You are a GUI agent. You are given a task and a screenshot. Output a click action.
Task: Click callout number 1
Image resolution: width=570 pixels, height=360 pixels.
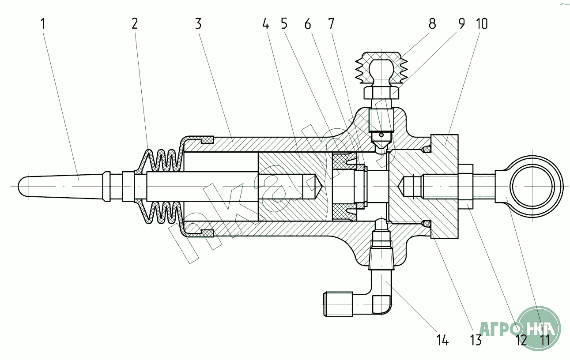(x=43, y=24)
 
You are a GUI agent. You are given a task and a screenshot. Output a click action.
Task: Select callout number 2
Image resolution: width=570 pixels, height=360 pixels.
(x=134, y=24)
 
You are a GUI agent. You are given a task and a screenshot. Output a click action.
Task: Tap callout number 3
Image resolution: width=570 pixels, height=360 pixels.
(x=198, y=24)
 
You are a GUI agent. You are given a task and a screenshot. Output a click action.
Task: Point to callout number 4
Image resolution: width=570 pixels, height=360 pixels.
(x=265, y=24)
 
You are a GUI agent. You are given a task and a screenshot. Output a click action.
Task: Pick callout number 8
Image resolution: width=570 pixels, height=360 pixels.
(x=432, y=24)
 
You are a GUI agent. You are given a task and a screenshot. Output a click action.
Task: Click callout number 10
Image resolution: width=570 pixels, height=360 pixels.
(x=482, y=24)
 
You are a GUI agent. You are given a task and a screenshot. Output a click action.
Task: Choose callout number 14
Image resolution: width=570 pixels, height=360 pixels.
(x=442, y=340)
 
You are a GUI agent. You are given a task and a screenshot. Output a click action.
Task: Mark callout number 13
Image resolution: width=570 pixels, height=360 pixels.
(x=476, y=340)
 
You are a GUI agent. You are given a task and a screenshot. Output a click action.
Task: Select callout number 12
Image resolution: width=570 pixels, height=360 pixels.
(x=521, y=340)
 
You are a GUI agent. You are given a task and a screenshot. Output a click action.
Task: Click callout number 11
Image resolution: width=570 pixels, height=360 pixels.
(x=544, y=340)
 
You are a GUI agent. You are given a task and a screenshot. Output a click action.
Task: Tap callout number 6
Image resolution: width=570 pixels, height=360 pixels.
(x=308, y=24)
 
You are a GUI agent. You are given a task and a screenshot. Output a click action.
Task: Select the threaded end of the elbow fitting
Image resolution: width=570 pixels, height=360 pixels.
(x=338, y=304)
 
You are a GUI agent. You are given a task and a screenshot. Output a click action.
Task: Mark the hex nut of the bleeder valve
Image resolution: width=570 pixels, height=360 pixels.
(x=382, y=93)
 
